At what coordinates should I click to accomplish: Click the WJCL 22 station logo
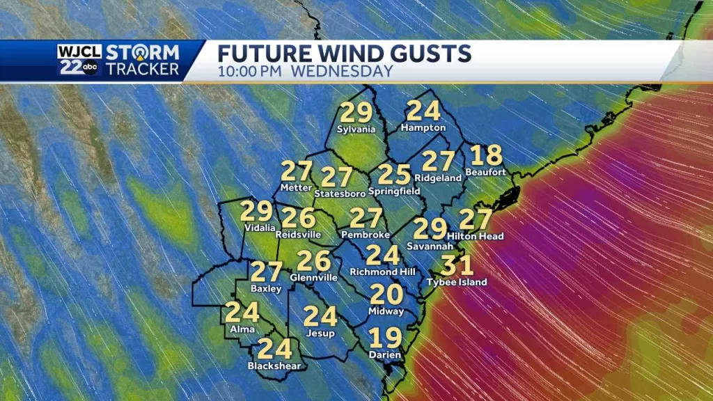pyautogui.click(x=79, y=60)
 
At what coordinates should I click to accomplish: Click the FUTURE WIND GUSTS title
pyautogui.click(x=345, y=53)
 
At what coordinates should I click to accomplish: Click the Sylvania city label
pyautogui.click(x=356, y=129)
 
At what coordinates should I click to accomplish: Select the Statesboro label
pyautogui.click(x=337, y=193)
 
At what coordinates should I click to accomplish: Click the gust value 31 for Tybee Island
pyautogui.click(x=457, y=265)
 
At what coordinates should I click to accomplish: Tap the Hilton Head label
pyautogui.click(x=476, y=237)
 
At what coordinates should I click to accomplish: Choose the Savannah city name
pyautogui.click(x=430, y=246)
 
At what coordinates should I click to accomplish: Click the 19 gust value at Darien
pyautogui.click(x=385, y=338)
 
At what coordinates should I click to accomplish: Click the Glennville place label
pyautogui.click(x=313, y=277)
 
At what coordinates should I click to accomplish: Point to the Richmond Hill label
pyautogui.click(x=382, y=272)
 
